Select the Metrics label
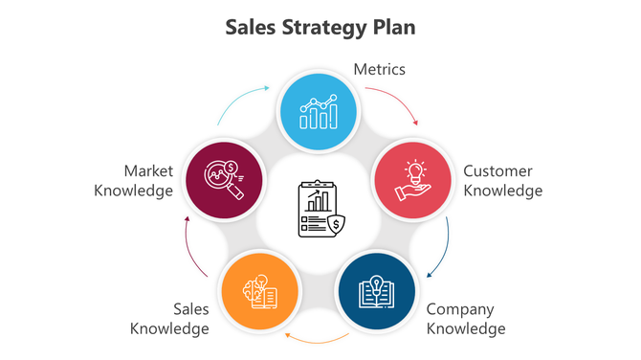(x=380, y=69)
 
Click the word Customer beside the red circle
(x=498, y=171)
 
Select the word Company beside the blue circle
(x=460, y=309)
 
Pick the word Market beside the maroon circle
(x=148, y=171)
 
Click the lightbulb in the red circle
(x=415, y=171)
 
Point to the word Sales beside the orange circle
(x=190, y=309)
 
